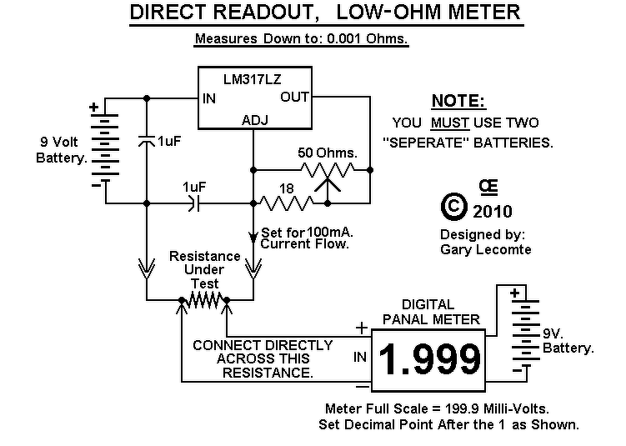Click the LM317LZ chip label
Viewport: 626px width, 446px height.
[x=253, y=79]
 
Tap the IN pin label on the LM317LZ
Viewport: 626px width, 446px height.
[x=208, y=98]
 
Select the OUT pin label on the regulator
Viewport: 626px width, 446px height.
[x=294, y=97]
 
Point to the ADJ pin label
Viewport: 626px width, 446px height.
[x=255, y=120]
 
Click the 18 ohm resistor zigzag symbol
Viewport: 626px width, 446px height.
[x=287, y=203]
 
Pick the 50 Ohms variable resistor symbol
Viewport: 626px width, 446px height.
[x=328, y=176]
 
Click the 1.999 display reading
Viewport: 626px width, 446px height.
[x=429, y=359]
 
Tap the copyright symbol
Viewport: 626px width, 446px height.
[x=454, y=207]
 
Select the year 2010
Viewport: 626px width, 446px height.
[x=493, y=211]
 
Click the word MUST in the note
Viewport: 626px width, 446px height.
[x=450, y=123]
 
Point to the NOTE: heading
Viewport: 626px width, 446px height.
[x=458, y=101]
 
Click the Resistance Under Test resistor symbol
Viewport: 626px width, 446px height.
[x=204, y=300]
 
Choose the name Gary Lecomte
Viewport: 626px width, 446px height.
[x=486, y=249]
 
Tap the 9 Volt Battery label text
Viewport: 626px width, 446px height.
[x=61, y=150]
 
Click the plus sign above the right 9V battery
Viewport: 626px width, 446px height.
[x=515, y=293]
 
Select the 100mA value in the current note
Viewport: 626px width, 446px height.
[x=330, y=232]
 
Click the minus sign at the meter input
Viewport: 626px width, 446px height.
[x=363, y=386]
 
